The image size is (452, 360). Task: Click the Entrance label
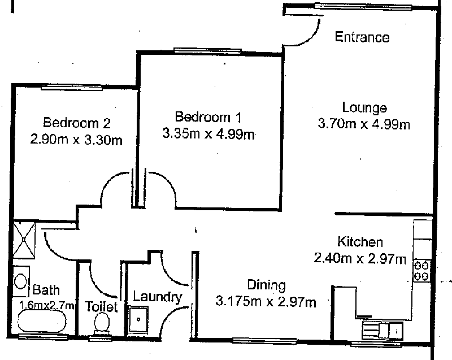[x=362, y=37]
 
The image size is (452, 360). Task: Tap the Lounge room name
[x=364, y=107]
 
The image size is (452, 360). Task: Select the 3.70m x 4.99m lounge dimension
[x=364, y=124]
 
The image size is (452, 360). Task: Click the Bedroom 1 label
[x=208, y=117]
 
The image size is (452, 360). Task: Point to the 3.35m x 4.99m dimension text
[x=208, y=134]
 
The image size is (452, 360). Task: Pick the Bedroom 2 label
[x=77, y=123]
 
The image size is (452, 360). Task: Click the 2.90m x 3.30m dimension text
[x=76, y=140]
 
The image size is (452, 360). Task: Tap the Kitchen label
[x=360, y=241]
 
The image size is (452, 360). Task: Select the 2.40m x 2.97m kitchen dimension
[x=360, y=258]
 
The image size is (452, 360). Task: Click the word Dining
[x=267, y=285]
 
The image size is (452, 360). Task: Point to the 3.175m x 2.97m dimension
[x=266, y=302]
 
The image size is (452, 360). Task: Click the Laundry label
[x=158, y=297]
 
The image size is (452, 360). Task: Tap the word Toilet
[x=101, y=306]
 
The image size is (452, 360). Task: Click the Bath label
[x=46, y=290]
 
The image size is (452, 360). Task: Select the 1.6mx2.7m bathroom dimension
[x=47, y=305]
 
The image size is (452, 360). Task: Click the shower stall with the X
[x=24, y=240]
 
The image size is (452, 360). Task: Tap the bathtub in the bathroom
[x=42, y=322]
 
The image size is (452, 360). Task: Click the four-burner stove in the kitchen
[x=421, y=271]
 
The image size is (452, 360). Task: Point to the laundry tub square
[x=138, y=320]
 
